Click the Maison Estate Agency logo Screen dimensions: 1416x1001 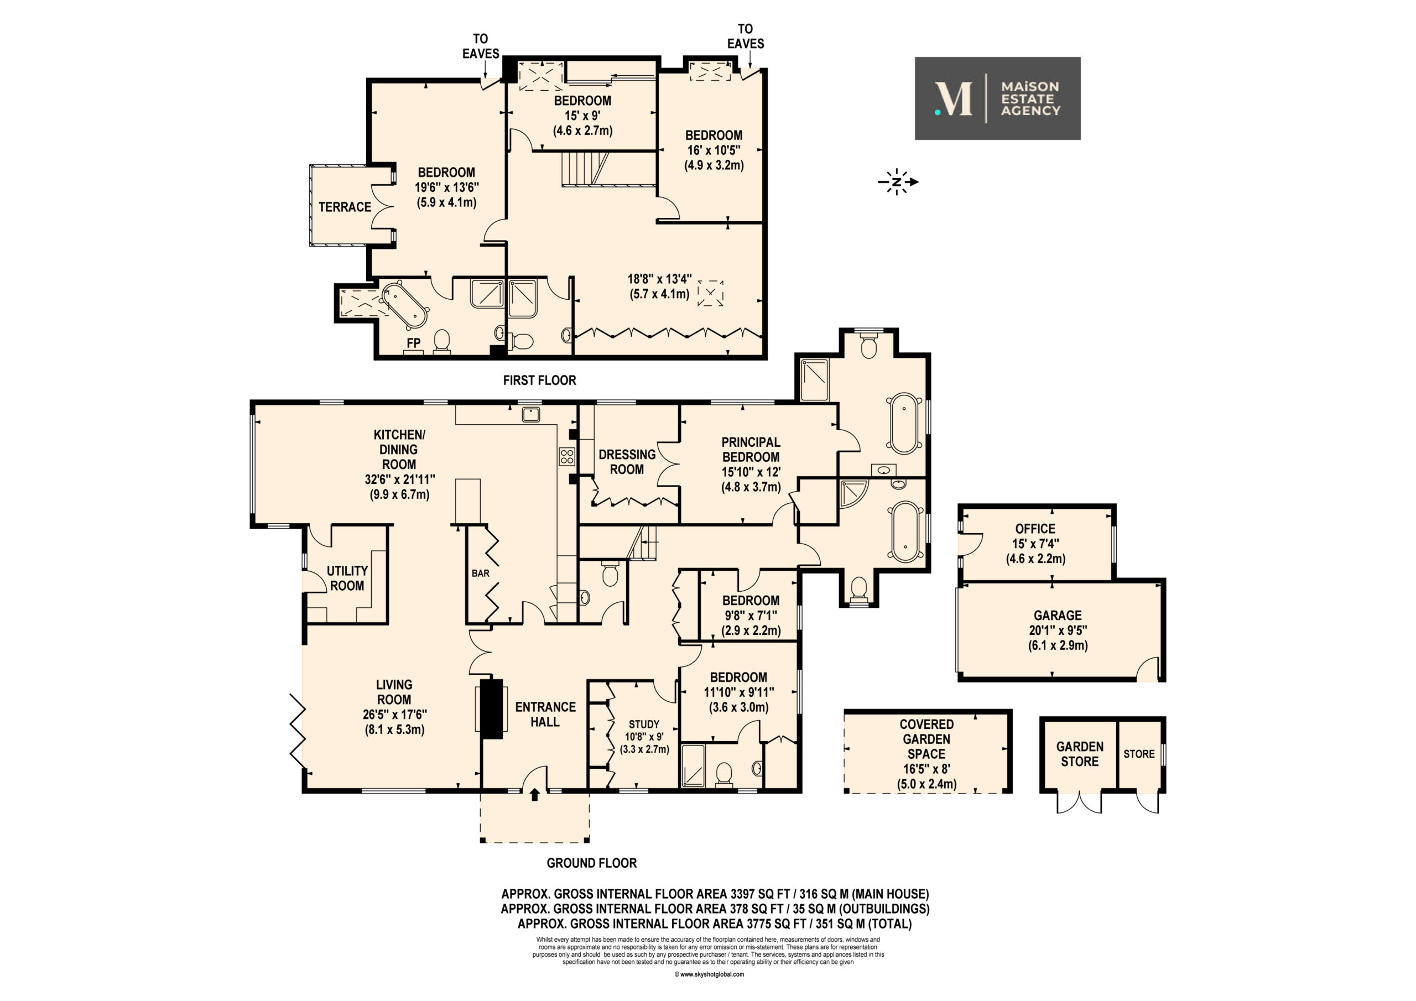pos(997,98)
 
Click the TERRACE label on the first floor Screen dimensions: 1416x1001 pos(345,207)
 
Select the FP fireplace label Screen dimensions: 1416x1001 pos(413,343)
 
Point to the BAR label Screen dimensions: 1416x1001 pos(481,573)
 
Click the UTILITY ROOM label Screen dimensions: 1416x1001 pos(347,578)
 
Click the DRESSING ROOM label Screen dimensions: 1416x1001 pos(627,462)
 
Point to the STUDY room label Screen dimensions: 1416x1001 pos(644,724)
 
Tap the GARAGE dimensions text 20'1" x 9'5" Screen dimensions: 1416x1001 pos(1058,630)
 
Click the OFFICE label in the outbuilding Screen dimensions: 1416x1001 pos(1035,529)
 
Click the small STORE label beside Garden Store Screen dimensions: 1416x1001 pos(1139,754)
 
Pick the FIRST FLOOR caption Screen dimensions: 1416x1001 pos(540,380)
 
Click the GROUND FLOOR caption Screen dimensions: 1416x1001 pos(592,863)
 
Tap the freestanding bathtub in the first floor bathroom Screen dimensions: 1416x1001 pos(404,304)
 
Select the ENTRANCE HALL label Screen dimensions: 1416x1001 pos(546,714)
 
